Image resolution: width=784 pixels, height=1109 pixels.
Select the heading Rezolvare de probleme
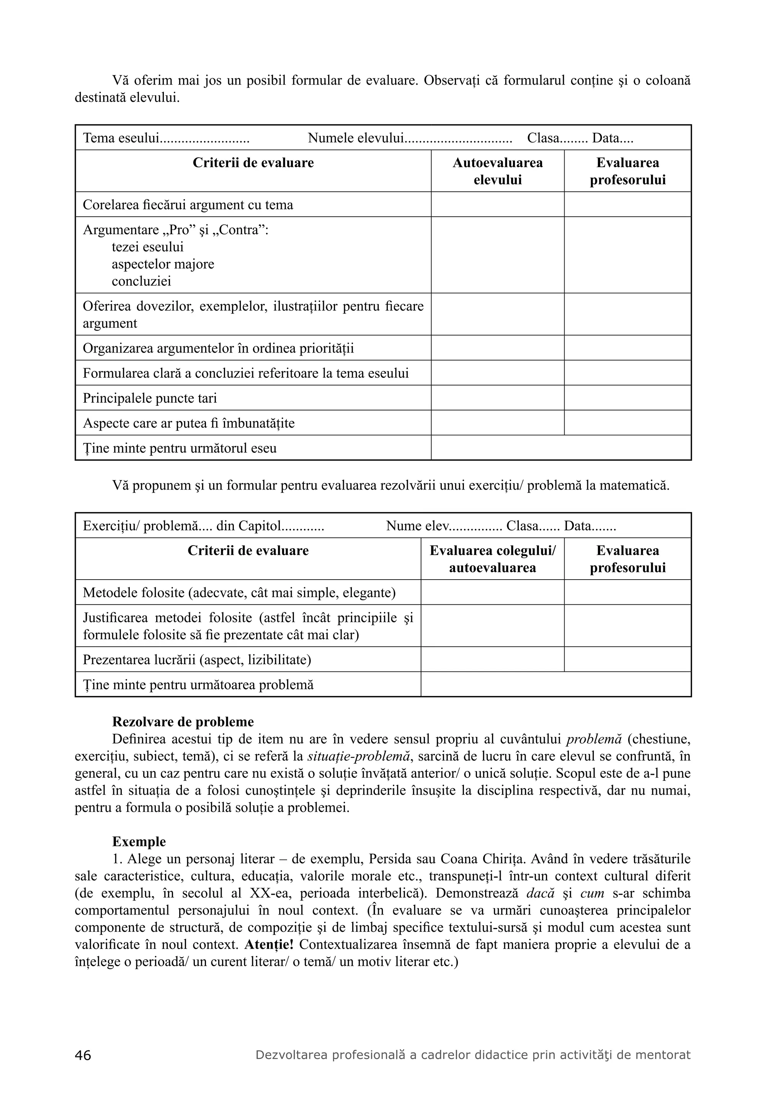tap(183, 722)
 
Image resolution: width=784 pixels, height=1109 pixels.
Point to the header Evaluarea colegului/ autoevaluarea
tap(492, 559)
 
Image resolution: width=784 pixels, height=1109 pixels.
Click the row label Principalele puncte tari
tap(150, 398)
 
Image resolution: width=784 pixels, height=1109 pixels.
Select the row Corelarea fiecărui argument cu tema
tap(188, 205)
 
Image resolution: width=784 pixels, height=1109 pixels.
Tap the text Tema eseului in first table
tap(121, 138)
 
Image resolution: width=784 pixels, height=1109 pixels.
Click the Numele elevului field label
tap(356, 138)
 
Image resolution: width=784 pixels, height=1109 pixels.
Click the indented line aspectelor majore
tap(163, 264)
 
